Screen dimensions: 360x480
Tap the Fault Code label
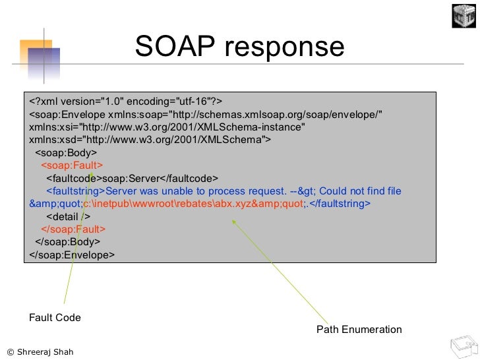(54, 318)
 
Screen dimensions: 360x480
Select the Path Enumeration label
(359, 329)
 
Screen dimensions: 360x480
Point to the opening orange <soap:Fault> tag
(72, 165)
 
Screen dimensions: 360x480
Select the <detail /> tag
(69, 216)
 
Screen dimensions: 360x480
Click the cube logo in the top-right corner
(464, 15)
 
